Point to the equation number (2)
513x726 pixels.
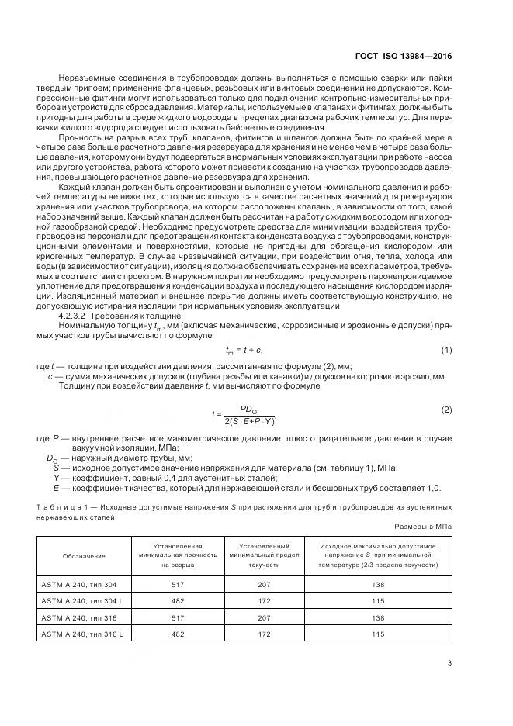pos(446,409)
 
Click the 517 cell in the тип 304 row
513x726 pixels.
pos(177,583)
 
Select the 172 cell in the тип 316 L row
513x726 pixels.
pos(265,634)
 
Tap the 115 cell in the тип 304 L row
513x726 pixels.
pos(378,600)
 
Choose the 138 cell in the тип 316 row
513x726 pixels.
pos(378,617)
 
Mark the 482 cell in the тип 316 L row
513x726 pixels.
pos(177,634)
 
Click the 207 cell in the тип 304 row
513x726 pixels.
pos(265,583)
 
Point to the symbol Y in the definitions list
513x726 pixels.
pos(56,478)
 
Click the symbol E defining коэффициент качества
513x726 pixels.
pos(56,488)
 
